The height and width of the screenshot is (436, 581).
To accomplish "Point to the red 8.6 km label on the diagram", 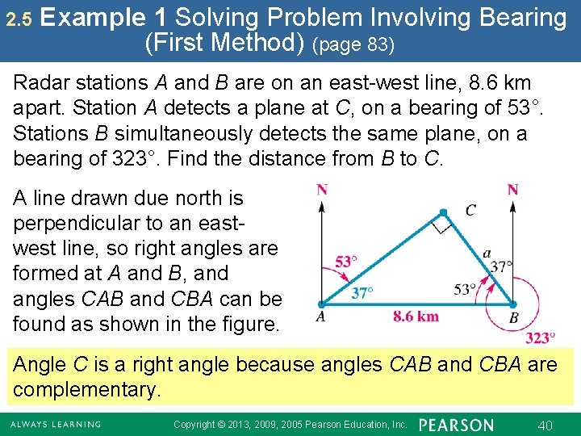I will (x=416, y=316).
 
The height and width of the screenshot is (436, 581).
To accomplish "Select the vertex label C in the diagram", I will (x=470, y=211).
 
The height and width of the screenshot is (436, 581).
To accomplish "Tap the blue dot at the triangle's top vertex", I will (x=443, y=213).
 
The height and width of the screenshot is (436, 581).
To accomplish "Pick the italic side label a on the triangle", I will (x=487, y=254).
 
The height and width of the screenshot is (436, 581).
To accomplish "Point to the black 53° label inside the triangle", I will (x=466, y=289).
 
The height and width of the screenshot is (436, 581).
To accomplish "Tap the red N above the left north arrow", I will (x=322, y=191).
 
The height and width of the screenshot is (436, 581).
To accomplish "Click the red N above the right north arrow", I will (x=512, y=191).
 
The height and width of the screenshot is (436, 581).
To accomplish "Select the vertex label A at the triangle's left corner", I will (x=320, y=317).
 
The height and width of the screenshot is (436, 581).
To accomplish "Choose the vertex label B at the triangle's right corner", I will (x=514, y=317).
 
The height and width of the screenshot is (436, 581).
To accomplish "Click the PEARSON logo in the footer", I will (x=457, y=425).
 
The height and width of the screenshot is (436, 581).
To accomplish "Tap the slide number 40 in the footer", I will (x=545, y=425).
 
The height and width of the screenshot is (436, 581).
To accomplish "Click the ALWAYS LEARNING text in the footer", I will (x=55, y=425).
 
